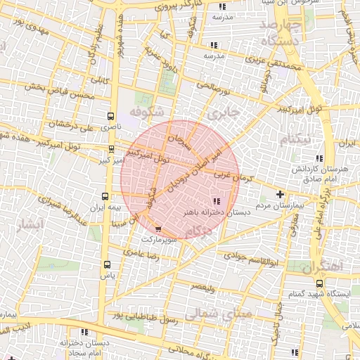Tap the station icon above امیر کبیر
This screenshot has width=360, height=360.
pyautogui.click(x=112, y=149)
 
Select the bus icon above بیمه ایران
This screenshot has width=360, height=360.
pyautogui.click(x=105, y=197)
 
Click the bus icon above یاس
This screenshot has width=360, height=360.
pyautogui.click(x=107, y=264)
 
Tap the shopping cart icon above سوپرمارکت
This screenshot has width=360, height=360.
pyautogui.click(x=157, y=229)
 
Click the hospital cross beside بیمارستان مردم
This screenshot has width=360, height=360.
pyautogui.click(x=281, y=194)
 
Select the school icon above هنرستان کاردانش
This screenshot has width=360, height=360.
pyautogui.click(x=320, y=158)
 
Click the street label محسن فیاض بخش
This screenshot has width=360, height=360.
pyautogui.click(x=59, y=91)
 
